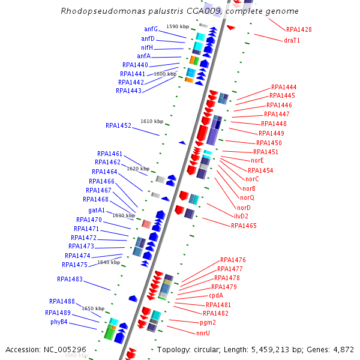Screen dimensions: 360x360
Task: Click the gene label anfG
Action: (151, 29)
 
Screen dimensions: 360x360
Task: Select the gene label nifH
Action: (147, 47)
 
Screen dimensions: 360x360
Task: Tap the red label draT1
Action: (292, 41)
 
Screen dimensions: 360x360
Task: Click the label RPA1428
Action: (299, 29)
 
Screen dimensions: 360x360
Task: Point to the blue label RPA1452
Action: (118, 126)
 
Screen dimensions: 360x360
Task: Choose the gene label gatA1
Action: (97, 211)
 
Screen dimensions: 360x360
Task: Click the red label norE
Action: (257, 160)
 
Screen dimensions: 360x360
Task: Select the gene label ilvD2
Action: (241, 216)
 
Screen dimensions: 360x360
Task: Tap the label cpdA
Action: (216, 295)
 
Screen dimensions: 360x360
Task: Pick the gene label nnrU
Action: (203, 333)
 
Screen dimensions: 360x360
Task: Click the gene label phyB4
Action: (59, 322)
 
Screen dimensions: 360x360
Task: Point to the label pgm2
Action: (208, 323)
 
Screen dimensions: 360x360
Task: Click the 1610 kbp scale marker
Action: (152, 121)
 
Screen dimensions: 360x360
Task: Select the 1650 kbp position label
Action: (93, 308)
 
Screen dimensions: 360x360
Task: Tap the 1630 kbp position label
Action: (124, 215)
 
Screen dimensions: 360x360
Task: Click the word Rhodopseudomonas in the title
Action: (99, 11)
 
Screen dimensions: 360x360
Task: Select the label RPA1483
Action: (70, 280)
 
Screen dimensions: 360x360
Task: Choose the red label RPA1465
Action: (244, 226)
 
